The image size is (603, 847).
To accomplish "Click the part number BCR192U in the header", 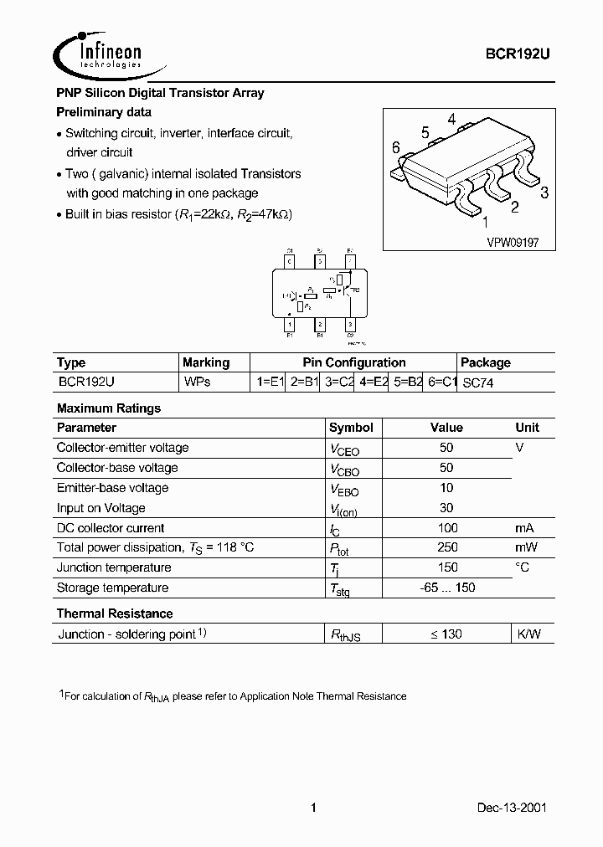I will point(518,53).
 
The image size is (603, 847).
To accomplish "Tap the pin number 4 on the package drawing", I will point(451,119).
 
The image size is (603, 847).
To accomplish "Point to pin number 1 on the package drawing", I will point(484,222).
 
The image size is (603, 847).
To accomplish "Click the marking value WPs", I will point(197,382).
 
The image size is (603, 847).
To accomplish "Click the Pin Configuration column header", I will point(353,362).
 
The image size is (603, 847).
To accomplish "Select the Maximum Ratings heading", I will point(108,408).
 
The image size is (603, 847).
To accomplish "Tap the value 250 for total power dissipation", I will point(447,548).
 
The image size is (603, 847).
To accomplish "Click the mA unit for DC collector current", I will point(524,528).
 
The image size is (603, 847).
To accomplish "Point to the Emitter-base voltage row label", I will point(112,488).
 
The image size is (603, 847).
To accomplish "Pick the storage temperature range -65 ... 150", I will point(447,588).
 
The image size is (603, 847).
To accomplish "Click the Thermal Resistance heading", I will point(115,613).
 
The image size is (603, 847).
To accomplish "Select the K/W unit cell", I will point(528,634).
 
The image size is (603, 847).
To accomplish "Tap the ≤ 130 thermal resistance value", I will point(446,634).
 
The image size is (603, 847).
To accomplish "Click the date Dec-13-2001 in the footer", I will point(513,808).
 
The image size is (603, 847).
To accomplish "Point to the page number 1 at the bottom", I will point(312,808).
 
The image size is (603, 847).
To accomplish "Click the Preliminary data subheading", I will point(104,112).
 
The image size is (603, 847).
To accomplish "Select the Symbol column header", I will point(351,428).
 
